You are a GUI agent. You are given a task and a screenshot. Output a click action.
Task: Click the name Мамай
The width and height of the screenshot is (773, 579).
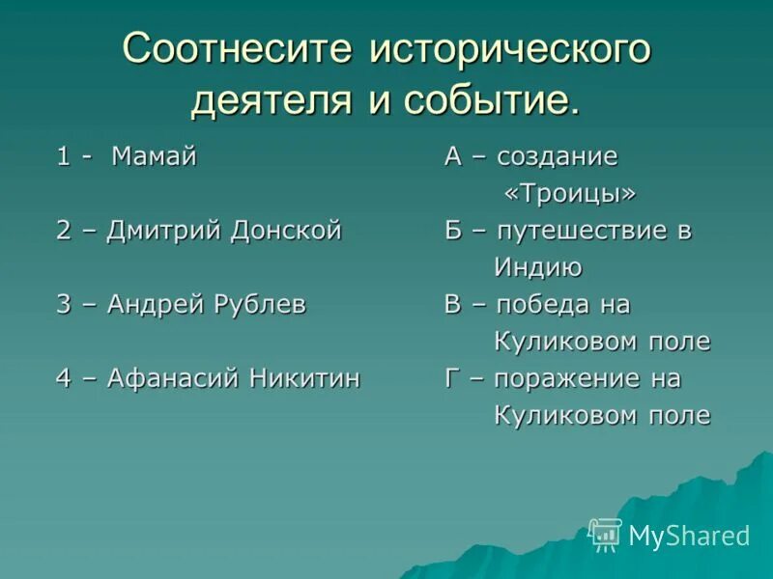pos(154,157)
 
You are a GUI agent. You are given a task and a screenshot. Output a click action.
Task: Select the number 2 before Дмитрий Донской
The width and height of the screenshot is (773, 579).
pos(64,232)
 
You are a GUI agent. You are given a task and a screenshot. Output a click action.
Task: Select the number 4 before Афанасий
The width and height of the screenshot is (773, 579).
pos(64,379)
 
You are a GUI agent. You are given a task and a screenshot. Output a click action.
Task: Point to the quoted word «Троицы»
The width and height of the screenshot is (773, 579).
pos(570,194)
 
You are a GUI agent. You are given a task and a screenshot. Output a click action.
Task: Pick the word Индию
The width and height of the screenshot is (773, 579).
pos(538,268)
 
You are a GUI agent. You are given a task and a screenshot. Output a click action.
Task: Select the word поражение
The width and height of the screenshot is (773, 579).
pos(565,379)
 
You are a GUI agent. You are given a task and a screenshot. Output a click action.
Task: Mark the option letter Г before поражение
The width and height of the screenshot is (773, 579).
pos(451,379)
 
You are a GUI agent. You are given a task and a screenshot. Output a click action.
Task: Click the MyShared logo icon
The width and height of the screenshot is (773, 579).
pos(606,535)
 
